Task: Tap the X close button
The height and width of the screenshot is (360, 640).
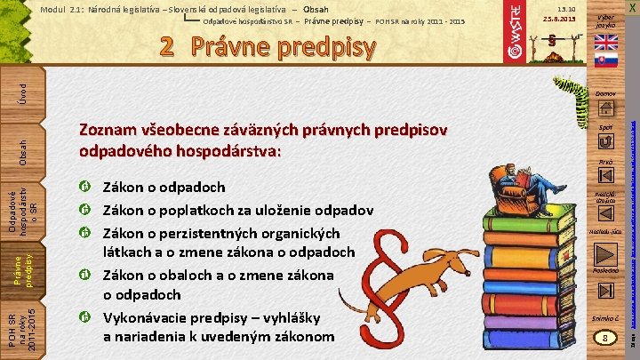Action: pyautogui.click(x=630, y=8)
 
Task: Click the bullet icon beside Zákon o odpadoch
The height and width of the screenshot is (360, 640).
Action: pyautogui.click(x=84, y=188)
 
